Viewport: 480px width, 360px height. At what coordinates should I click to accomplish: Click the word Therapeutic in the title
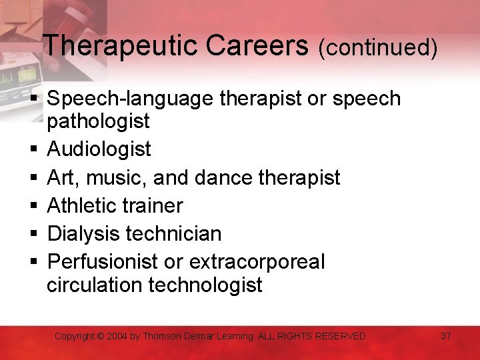(x=121, y=46)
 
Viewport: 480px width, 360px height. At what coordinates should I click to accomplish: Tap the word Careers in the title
(x=258, y=46)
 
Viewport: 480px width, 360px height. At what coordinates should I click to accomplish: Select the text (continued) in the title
(x=378, y=47)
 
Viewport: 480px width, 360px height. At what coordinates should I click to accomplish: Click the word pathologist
(x=99, y=121)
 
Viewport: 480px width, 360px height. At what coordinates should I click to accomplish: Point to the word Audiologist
(x=99, y=149)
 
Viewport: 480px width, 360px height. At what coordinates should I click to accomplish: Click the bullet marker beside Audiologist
(x=33, y=149)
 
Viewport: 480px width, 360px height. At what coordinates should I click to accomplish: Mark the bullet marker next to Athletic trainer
(x=33, y=205)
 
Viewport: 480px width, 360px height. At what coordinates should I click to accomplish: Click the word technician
(x=175, y=234)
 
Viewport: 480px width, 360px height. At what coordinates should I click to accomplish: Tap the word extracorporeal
(x=258, y=262)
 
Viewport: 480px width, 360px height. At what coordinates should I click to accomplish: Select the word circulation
(x=95, y=285)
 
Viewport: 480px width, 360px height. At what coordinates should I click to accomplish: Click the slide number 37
(x=446, y=336)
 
